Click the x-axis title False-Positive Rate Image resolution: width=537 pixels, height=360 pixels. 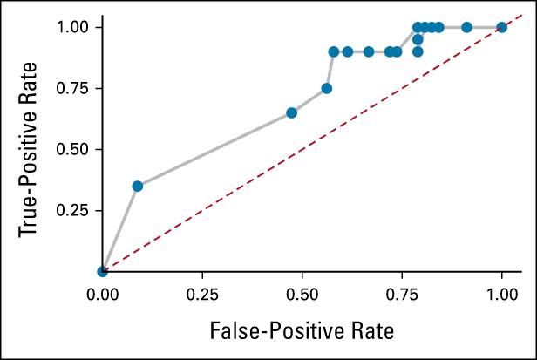click(x=302, y=330)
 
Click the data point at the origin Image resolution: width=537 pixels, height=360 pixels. click(x=103, y=271)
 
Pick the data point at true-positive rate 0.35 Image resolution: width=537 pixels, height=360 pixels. click(x=137, y=186)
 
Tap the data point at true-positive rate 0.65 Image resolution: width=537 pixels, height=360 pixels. click(x=291, y=112)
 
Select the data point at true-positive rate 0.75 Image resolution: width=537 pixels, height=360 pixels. click(x=326, y=88)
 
